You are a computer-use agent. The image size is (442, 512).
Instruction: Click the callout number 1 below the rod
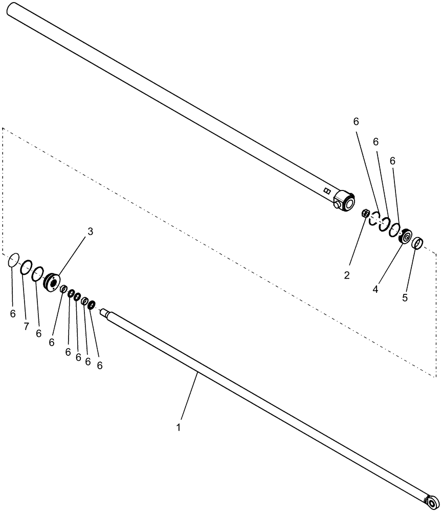(179, 426)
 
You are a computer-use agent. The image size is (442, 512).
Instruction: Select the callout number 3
(90, 231)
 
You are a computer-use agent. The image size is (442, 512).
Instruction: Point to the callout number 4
(375, 289)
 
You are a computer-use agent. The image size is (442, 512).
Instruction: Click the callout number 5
(405, 297)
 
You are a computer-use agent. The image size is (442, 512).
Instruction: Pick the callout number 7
(26, 326)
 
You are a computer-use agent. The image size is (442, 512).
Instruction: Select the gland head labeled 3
(52, 283)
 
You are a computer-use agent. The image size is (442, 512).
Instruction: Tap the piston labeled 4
(407, 237)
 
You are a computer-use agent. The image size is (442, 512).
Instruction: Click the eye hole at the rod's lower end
(433, 500)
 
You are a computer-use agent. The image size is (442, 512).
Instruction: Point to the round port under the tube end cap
(337, 205)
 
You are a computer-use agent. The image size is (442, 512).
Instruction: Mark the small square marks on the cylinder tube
(327, 190)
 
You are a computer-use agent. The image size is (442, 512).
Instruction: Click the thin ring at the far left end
(13, 261)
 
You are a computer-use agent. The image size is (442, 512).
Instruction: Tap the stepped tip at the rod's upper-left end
(105, 312)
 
